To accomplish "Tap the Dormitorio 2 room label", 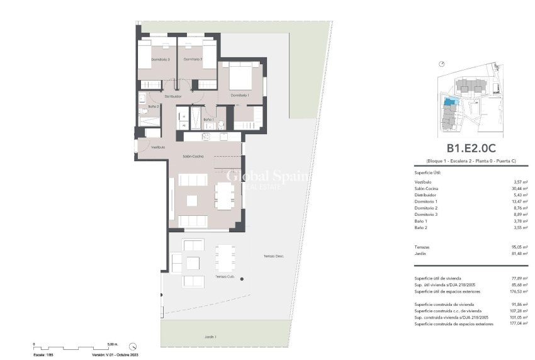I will click(192, 59).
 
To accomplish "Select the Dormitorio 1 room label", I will click(240, 95).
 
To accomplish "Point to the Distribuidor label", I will click(173, 97).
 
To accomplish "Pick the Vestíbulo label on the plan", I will click(158, 147).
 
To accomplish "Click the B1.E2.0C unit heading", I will click(471, 149).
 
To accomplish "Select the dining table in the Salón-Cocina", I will click(224, 195).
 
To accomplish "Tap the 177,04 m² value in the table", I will click(517, 323).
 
